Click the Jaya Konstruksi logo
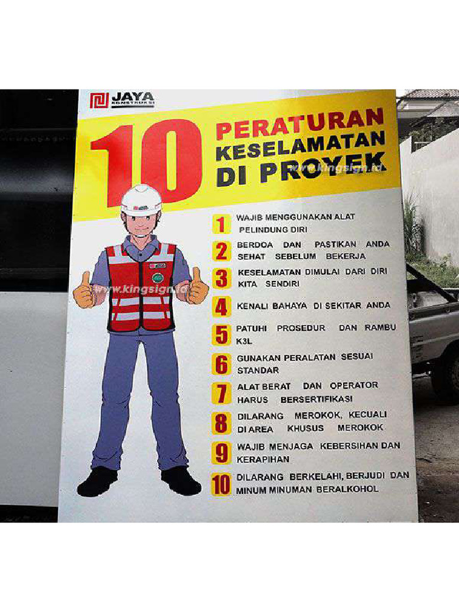pos(122,100)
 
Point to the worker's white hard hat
pos(141,200)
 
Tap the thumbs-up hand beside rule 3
pos(196,288)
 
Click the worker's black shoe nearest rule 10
pos(180,481)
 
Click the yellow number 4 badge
pos(221,307)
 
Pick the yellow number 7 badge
pos(221,393)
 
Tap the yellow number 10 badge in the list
pos(221,484)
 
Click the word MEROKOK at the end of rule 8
pos(360,429)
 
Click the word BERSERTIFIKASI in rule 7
pos(317,399)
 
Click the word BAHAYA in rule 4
pos(290,306)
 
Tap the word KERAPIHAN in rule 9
pos(264,460)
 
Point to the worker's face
pos(141,225)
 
